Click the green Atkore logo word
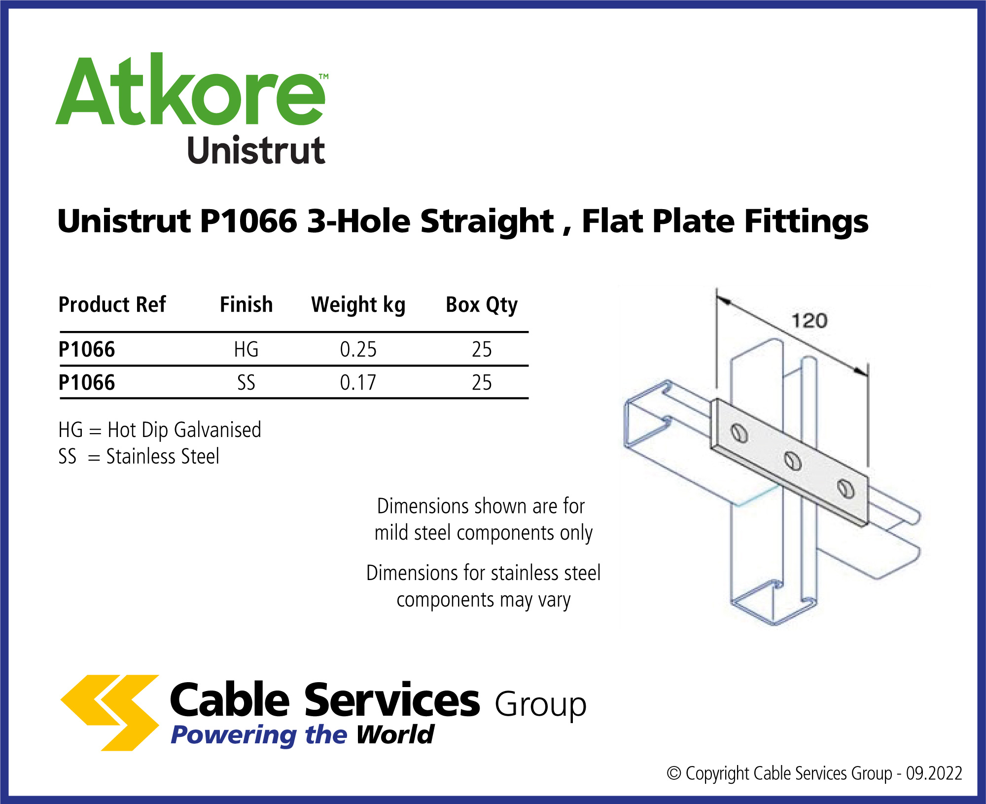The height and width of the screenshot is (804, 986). click(x=191, y=89)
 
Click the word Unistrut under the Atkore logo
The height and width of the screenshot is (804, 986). click(x=256, y=150)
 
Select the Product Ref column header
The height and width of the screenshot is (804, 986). click(x=112, y=305)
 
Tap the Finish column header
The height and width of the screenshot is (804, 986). click(x=246, y=305)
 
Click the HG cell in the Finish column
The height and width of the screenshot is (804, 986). click(x=246, y=349)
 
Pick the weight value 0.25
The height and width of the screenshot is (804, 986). click(x=358, y=349)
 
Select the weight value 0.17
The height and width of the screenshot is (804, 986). click(x=358, y=382)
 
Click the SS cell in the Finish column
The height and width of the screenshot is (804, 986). click(x=246, y=382)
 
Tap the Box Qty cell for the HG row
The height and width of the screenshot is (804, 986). click(x=482, y=349)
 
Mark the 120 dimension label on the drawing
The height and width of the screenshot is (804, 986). click(x=810, y=321)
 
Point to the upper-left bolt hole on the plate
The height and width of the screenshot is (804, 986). click(x=739, y=433)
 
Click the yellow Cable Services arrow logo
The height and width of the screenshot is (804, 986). click(x=110, y=713)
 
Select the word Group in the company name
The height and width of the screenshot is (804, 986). click(x=541, y=704)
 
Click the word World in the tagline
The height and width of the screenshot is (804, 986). click(x=395, y=734)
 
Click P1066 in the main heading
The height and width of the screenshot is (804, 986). click(x=248, y=221)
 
